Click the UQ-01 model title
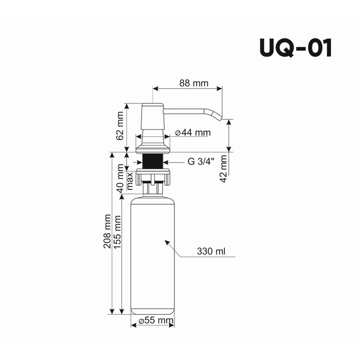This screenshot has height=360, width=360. coord(296,48)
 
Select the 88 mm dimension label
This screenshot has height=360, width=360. coord(194,83)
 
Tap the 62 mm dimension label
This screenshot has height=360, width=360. coord(120,126)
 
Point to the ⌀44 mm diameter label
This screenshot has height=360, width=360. coord(193,133)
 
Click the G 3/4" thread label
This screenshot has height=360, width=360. coord(201,161)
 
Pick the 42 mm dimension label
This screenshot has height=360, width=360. coord(223,169)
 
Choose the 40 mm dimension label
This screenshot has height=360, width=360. coord(120,178)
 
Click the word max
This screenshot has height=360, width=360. coord(130,181)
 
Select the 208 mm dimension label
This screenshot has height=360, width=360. coord(107,231)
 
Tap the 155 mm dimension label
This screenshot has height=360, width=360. coord(117,232)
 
